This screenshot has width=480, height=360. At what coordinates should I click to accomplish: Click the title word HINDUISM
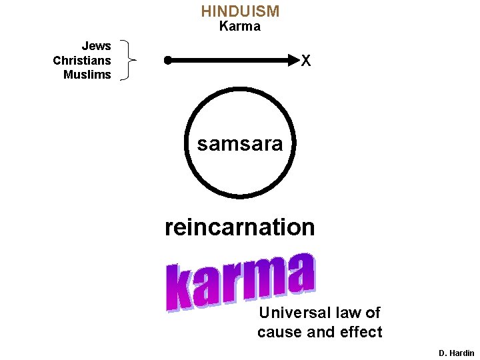tap(240, 11)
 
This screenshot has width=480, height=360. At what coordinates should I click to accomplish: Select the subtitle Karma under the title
tap(240, 27)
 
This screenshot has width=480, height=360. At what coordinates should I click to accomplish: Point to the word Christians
tap(82, 61)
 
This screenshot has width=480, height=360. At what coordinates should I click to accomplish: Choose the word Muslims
tap(87, 75)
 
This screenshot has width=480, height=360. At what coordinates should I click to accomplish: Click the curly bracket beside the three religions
tap(126, 60)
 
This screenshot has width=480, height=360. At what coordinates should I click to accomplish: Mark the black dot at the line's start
tap(168, 60)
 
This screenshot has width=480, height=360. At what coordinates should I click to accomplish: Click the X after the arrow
tap(306, 61)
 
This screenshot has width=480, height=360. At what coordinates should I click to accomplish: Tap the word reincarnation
tap(240, 227)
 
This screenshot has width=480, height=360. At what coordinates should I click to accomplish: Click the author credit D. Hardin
tap(457, 353)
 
